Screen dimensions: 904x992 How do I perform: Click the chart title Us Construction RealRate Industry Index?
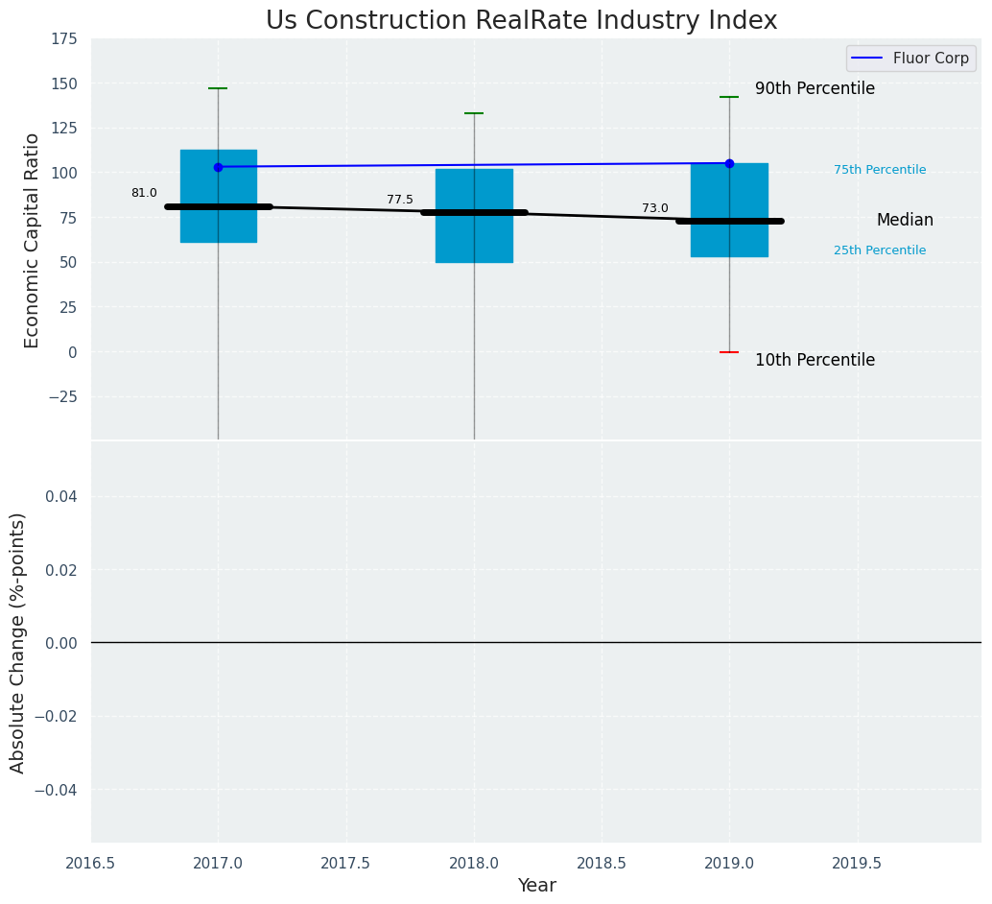click(521, 21)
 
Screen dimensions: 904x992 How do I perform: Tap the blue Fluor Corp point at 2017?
click(218, 167)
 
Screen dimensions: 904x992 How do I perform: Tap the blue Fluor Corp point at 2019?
click(729, 163)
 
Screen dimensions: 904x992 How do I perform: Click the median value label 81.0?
click(144, 193)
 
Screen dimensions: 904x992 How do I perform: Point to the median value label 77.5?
click(400, 200)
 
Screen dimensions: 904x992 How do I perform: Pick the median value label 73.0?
click(655, 208)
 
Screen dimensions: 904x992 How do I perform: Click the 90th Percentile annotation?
click(815, 88)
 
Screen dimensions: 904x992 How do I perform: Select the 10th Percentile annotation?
click(815, 360)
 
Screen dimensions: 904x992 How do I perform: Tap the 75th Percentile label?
click(880, 170)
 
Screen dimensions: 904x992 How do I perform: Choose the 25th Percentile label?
click(880, 250)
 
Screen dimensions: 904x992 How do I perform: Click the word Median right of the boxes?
click(905, 220)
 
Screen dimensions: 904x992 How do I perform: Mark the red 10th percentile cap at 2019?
click(729, 352)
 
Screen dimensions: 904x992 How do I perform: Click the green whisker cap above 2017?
click(218, 88)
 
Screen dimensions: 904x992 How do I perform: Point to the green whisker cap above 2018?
click(474, 113)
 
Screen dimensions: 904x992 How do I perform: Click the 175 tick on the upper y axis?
click(65, 38)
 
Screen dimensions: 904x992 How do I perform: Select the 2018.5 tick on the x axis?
click(602, 863)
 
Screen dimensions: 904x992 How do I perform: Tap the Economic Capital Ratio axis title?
click(33, 240)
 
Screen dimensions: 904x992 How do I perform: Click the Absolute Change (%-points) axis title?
click(18, 642)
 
